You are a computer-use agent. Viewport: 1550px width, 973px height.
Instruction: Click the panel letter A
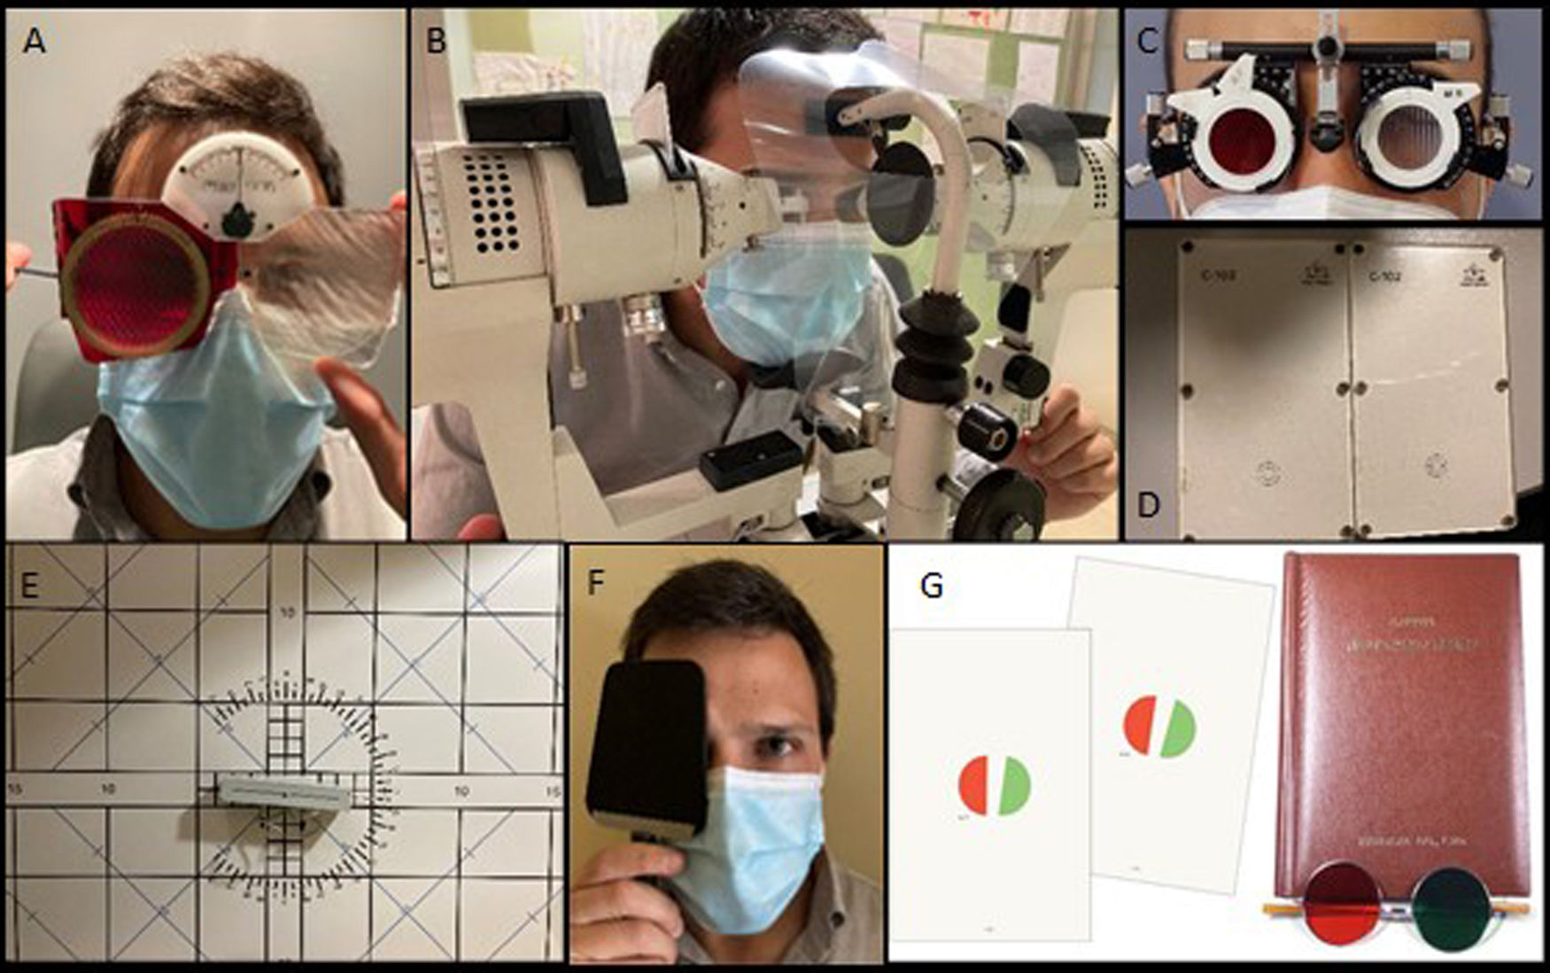[x=34, y=40]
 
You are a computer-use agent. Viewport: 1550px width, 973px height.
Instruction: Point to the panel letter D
[x=1148, y=504]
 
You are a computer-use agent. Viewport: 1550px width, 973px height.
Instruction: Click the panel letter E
[x=28, y=586]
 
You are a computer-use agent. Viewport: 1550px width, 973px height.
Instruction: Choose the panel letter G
[x=931, y=586]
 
